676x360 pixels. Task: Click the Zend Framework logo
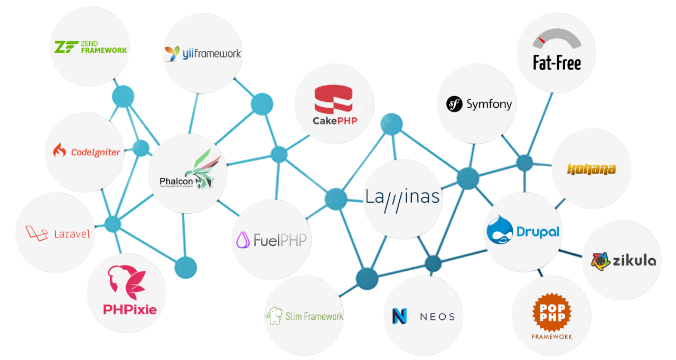point(90,47)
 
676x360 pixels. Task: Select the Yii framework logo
point(203,53)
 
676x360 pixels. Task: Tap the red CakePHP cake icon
point(333,100)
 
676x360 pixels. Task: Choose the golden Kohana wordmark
point(591,169)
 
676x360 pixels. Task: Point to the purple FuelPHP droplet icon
point(243,240)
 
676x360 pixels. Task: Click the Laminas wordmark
point(403,197)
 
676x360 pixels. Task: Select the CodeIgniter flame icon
point(59,151)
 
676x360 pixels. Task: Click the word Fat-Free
point(557,63)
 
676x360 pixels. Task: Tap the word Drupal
point(538,231)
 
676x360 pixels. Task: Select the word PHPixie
point(127,309)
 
